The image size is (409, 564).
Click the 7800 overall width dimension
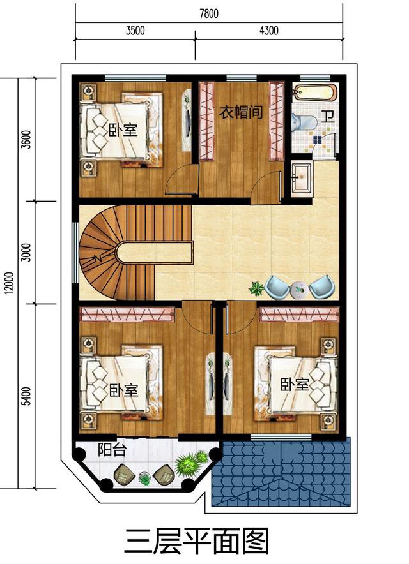[209, 14]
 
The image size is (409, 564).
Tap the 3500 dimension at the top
[135, 31]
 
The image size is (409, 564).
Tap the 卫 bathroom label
[328, 117]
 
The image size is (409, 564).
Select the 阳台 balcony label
[112, 450]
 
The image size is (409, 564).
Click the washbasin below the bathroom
[300, 174]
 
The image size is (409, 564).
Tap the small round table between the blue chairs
[297, 289]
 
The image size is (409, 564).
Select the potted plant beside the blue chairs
[257, 288]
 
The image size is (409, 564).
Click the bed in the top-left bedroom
[118, 130]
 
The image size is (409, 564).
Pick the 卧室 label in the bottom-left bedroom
[123, 390]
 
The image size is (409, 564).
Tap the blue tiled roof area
[281, 472]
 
